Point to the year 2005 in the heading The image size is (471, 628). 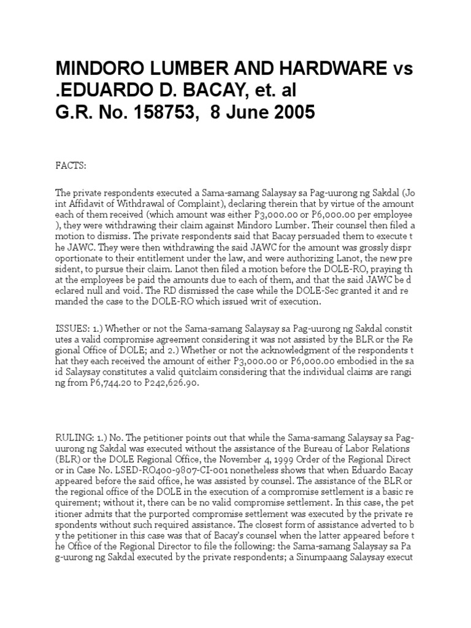point(290,112)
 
